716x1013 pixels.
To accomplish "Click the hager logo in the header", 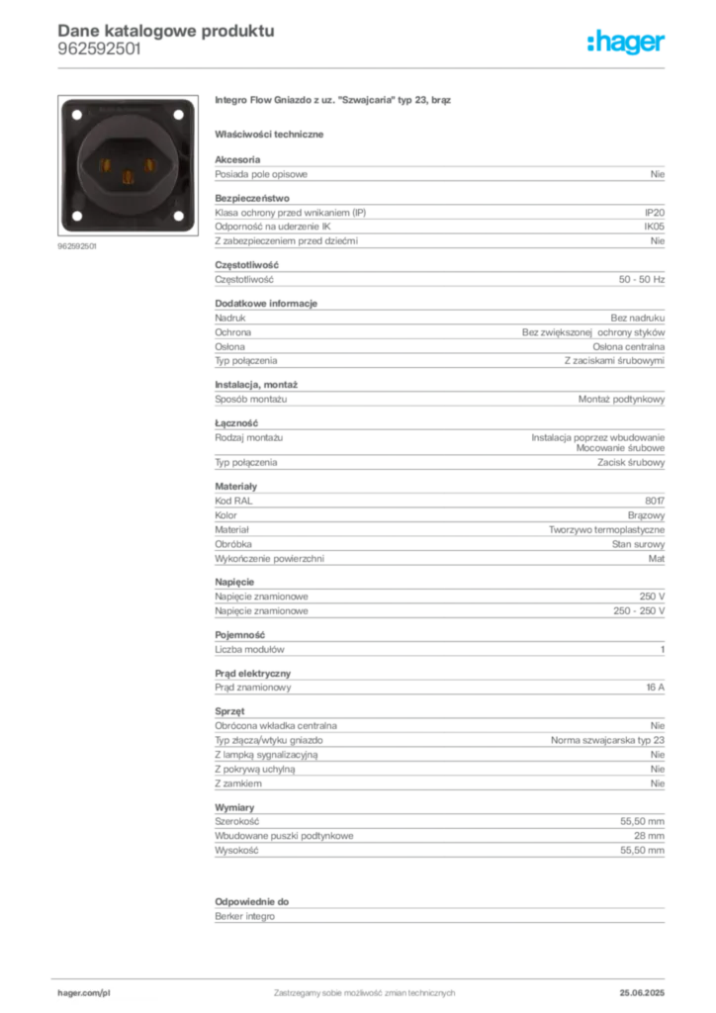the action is [626, 43].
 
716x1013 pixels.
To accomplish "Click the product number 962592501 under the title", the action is [99, 49].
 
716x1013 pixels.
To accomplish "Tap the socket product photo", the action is [128, 165].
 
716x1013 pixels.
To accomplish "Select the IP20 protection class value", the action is [654, 213].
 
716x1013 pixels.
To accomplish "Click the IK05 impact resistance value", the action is [654, 227].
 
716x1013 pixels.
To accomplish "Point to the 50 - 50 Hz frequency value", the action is [641, 280].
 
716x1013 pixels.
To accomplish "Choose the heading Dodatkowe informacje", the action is [266, 304].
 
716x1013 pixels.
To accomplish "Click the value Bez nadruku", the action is [637, 318].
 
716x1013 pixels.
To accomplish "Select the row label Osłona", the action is [229, 347].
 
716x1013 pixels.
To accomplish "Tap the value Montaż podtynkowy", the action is [621, 400].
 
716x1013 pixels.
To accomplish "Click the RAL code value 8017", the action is [655, 501].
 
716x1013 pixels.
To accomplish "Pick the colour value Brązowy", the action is [646, 515].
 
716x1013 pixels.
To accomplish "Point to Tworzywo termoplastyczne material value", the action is [606, 530].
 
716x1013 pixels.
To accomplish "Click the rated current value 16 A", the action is [656, 688].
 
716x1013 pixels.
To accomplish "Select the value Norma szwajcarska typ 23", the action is [607, 740].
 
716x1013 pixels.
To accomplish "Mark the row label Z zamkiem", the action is [238, 783].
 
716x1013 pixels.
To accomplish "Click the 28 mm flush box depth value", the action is [649, 836].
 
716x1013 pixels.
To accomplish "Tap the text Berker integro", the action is [244, 917].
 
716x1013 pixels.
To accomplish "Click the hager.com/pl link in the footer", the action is [84, 993].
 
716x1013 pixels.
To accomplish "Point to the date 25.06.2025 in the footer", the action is [642, 993].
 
